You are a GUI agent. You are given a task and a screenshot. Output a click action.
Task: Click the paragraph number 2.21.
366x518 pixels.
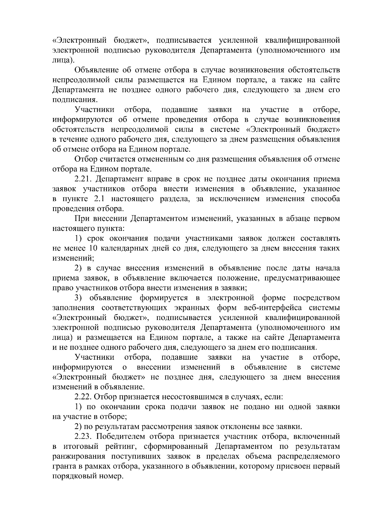coord(83,179)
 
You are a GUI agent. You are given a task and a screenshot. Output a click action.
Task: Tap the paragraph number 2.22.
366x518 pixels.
coord(83,397)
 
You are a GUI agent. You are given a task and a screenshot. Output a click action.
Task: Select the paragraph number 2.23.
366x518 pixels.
coord(83,437)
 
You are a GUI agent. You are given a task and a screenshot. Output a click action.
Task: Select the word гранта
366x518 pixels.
coord(62,466)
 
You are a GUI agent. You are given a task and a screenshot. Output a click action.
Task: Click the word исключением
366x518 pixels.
coord(234,199)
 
